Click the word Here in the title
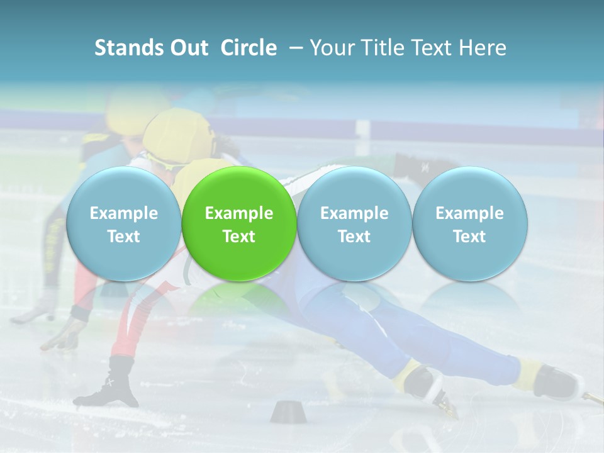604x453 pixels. tap(483, 48)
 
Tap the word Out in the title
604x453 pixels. tap(187, 48)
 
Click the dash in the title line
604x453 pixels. tap(294, 48)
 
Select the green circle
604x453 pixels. tap(239, 224)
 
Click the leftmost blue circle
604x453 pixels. tap(123, 224)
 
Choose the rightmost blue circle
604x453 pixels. tap(469, 224)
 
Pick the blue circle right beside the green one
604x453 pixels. tap(354, 224)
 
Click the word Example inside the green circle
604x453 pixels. tap(239, 213)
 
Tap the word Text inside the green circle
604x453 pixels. tap(239, 237)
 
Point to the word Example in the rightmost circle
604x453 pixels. tap(469, 213)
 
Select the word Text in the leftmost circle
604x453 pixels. tap(123, 237)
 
